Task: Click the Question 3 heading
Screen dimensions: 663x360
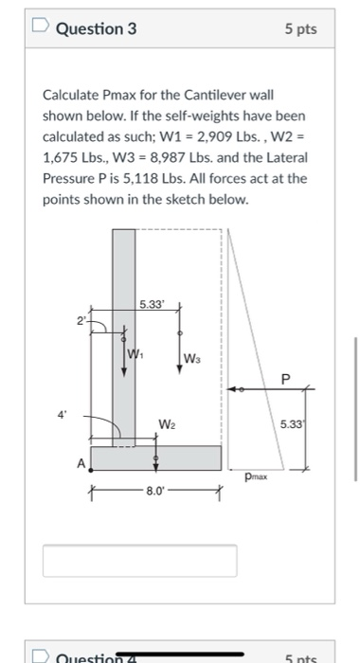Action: click(x=96, y=28)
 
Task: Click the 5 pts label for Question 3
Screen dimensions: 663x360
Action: click(x=300, y=29)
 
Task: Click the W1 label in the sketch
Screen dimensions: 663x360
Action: click(x=136, y=354)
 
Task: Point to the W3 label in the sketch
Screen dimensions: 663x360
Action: click(x=191, y=357)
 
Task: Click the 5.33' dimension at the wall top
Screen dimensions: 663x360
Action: click(x=151, y=305)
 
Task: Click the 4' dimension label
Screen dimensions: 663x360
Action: click(x=63, y=415)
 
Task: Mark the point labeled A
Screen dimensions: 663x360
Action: click(x=82, y=463)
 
